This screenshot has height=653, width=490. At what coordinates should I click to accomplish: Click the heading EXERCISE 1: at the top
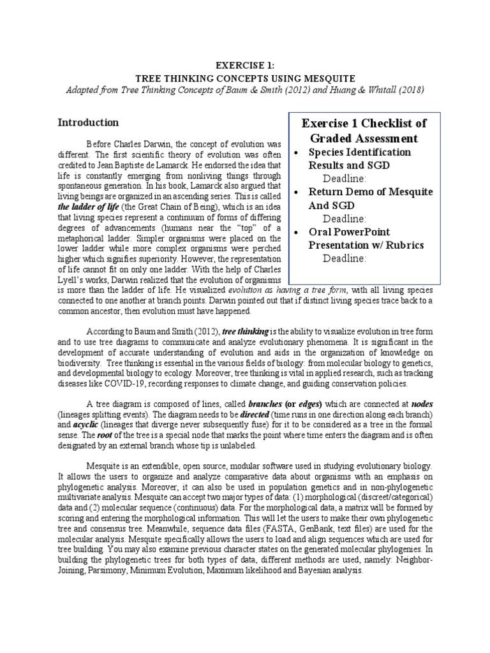point(245,65)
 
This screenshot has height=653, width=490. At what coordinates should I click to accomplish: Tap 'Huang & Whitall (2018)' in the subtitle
point(375,89)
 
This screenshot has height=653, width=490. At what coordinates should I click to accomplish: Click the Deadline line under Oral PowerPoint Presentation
point(345,258)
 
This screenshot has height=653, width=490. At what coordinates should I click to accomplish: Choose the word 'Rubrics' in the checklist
point(401,245)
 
